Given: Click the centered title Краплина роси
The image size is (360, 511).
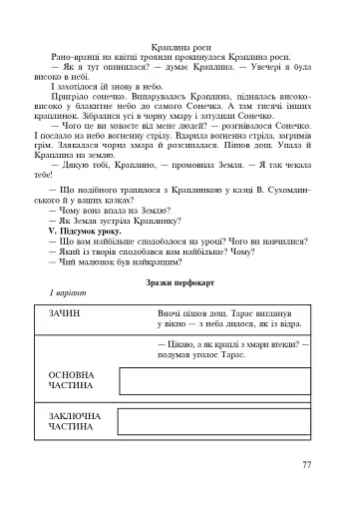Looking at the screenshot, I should (x=180, y=47).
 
